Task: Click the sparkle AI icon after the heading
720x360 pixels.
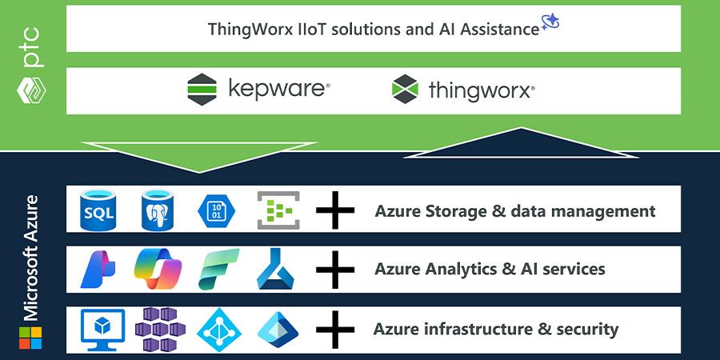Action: [x=550, y=23]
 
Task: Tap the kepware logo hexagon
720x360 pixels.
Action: [x=202, y=90]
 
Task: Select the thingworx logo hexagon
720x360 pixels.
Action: [x=405, y=90]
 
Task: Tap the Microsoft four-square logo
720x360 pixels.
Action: [x=30, y=337]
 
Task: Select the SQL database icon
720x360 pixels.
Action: [x=99, y=210]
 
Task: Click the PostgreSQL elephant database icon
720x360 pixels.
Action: [x=158, y=210]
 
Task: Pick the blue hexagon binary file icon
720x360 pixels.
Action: [x=217, y=211]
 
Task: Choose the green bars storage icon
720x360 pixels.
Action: [x=278, y=211]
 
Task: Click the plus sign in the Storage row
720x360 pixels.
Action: [x=335, y=211]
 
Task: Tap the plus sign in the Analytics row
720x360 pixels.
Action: [x=335, y=270]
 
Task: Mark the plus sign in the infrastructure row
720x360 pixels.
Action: [x=335, y=329]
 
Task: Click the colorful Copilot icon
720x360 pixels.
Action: [x=158, y=270]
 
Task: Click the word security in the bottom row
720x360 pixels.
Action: [x=585, y=329]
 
